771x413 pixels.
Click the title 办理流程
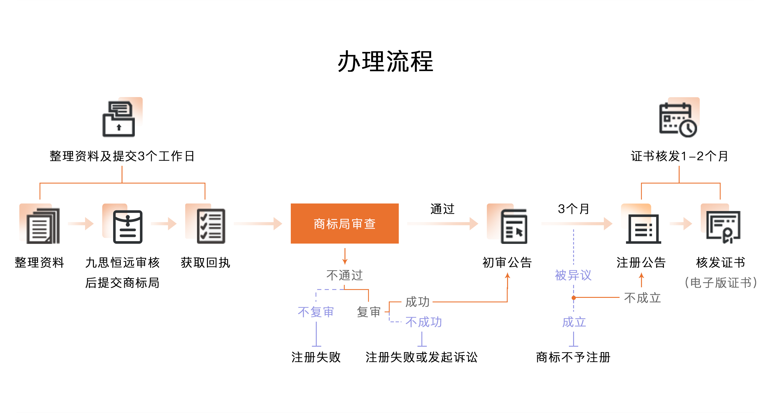pyautogui.click(x=386, y=61)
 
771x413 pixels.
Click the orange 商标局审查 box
pyautogui.click(x=344, y=223)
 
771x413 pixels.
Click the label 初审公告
pyautogui.click(x=507, y=263)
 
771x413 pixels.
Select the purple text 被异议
pyautogui.click(x=573, y=275)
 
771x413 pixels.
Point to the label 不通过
pyautogui.click(x=344, y=275)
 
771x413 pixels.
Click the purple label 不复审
pyautogui.click(x=316, y=312)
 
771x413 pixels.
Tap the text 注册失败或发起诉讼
pyautogui.click(x=422, y=357)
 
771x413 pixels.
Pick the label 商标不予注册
pyautogui.click(x=573, y=357)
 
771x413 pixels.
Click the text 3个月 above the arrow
pyautogui.click(x=573, y=209)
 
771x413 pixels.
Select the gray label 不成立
pyautogui.click(x=642, y=298)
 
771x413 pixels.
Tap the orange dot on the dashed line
pyautogui.click(x=574, y=298)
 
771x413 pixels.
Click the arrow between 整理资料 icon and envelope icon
pyautogui.click(x=81, y=224)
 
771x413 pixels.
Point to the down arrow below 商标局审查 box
pyautogui.click(x=345, y=256)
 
